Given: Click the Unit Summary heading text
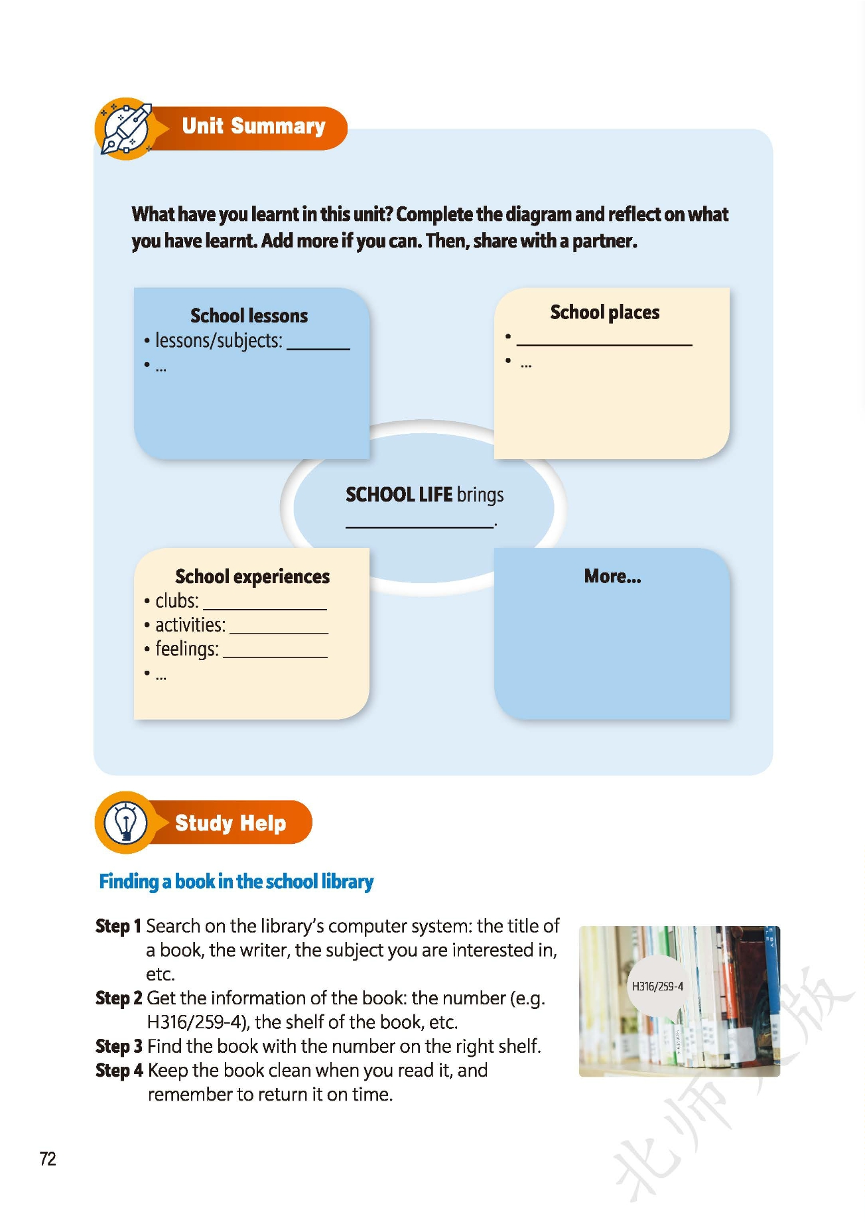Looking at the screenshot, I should click(x=253, y=126).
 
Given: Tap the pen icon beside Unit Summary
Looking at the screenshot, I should click(x=126, y=129).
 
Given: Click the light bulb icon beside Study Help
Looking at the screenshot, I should click(x=125, y=823).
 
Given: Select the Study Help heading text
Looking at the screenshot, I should click(x=230, y=823).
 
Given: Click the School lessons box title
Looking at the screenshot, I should click(x=249, y=315).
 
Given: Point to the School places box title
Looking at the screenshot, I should click(x=604, y=312).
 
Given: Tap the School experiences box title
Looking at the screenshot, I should click(x=252, y=577).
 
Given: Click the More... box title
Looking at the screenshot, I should click(x=612, y=577).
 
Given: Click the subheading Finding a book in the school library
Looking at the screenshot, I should click(x=236, y=882).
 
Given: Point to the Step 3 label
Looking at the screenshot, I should click(x=119, y=1046).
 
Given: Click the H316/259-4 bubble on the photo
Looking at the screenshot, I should click(x=657, y=986).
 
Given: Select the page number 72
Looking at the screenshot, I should click(x=48, y=1158).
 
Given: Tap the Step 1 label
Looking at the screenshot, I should click(x=118, y=926).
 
